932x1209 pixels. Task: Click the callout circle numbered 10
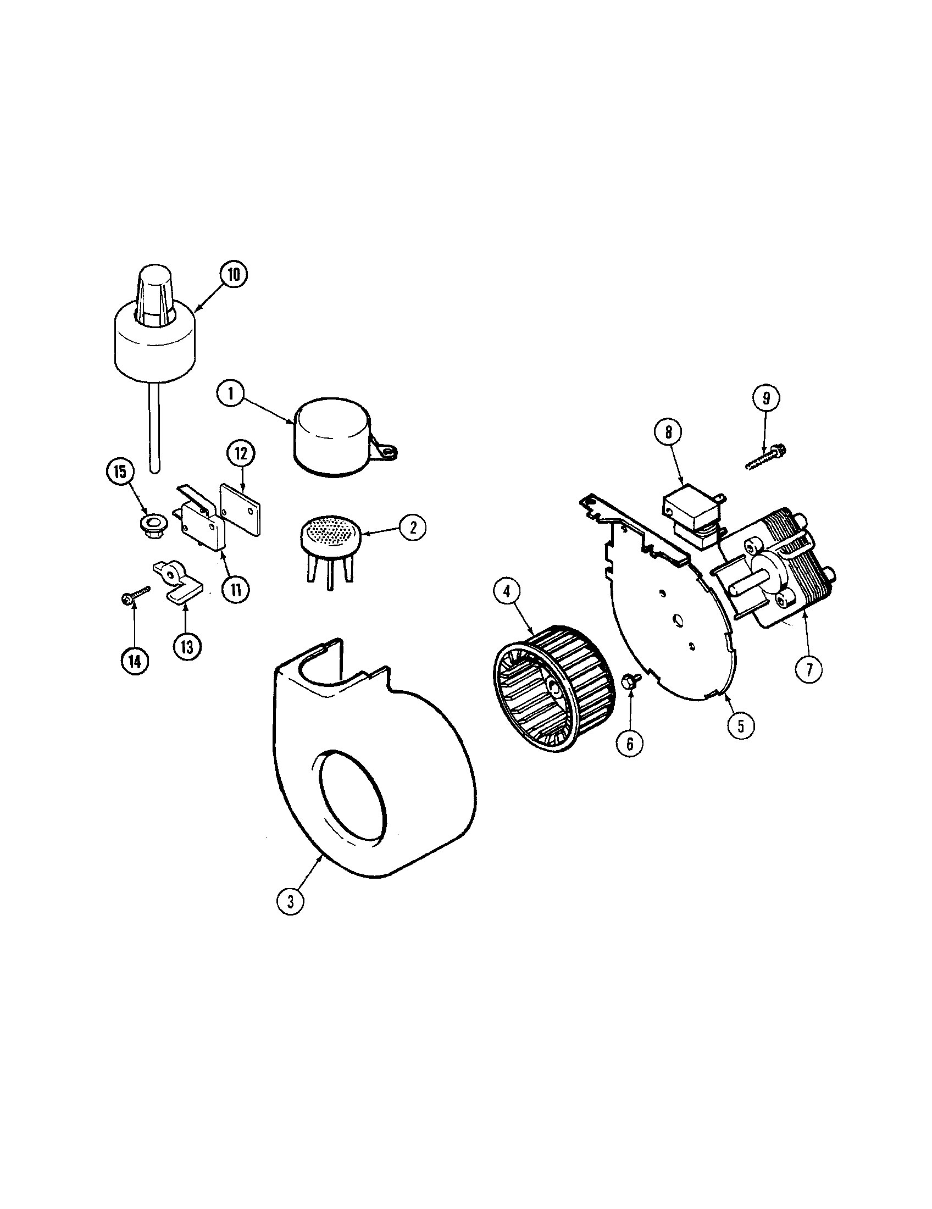234,275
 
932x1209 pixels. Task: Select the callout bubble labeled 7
808,670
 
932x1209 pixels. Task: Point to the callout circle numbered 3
290,901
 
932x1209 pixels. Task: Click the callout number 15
120,472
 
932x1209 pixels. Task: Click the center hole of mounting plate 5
676,621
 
